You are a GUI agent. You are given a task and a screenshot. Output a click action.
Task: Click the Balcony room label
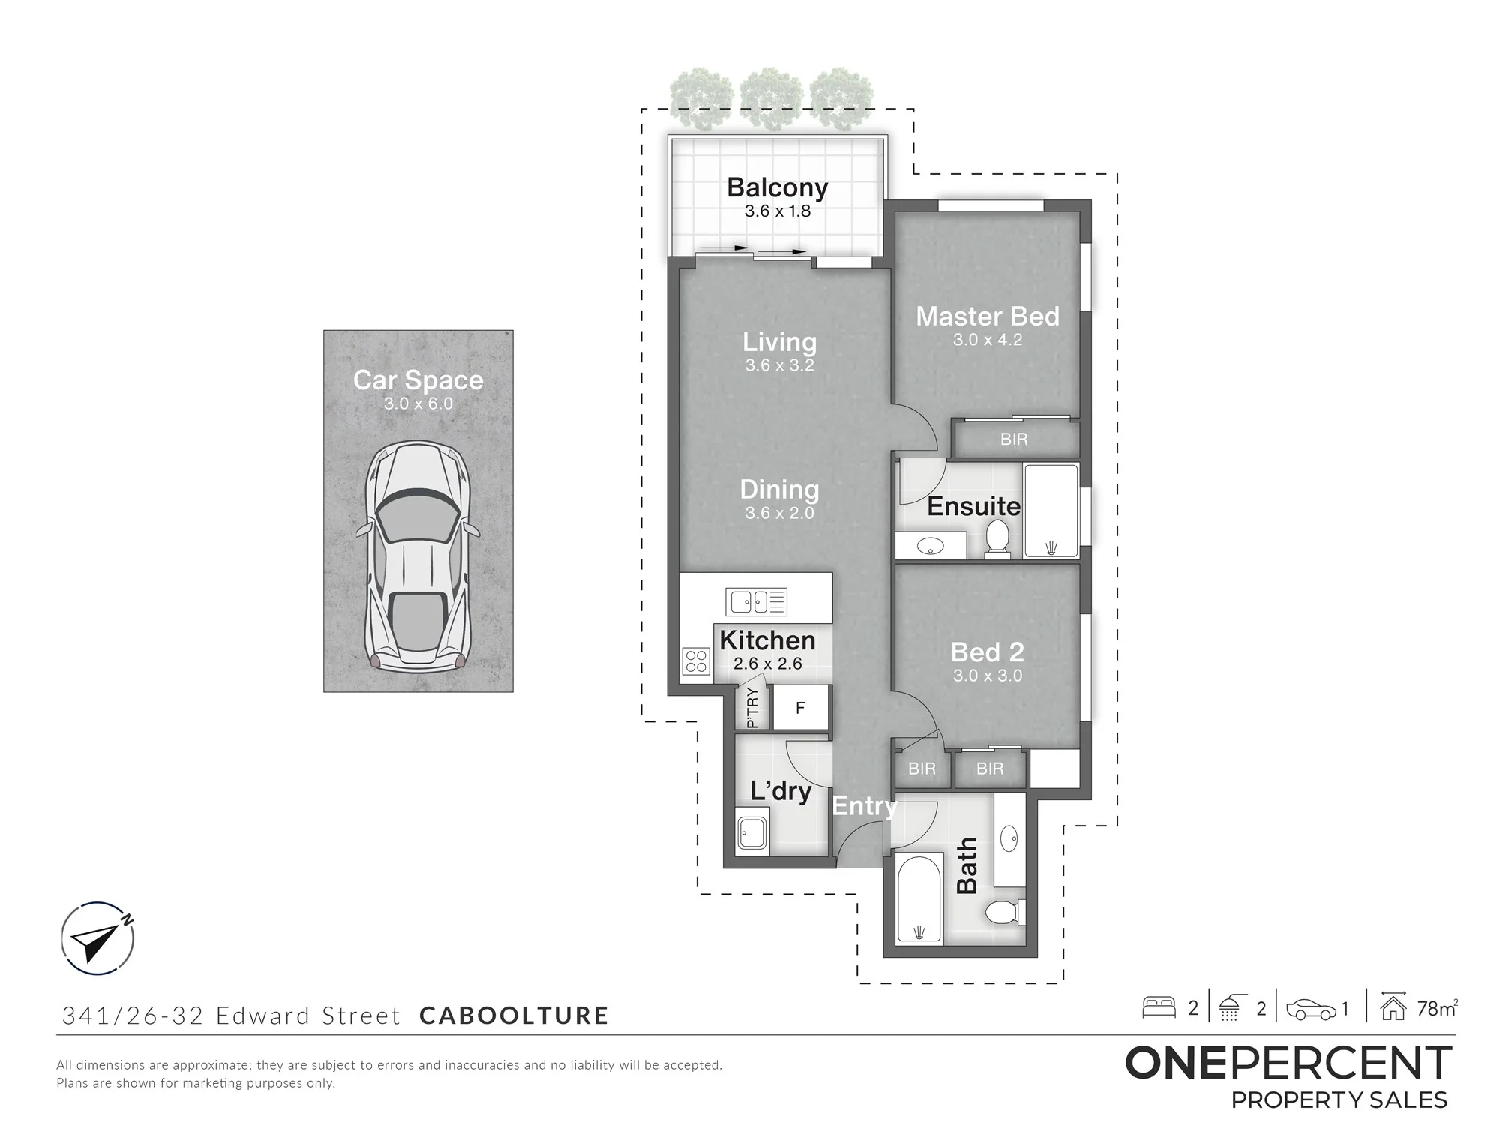(777, 187)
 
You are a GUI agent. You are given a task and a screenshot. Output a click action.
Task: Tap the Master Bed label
(988, 316)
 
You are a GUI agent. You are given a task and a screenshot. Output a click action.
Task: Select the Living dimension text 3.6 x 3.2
(779, 365)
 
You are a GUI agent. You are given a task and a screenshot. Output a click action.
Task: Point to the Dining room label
(779, 490)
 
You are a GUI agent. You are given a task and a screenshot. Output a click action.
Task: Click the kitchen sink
(756, 601)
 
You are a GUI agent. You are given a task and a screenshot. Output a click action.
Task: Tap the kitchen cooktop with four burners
(696, 661)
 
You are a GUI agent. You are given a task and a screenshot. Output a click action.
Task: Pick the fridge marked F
(800, 707)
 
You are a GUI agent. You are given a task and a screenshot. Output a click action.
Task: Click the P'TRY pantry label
(753, 708)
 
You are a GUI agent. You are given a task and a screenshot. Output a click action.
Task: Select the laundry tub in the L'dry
(752, 832)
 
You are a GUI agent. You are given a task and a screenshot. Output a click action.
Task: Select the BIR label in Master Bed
(1014, 439)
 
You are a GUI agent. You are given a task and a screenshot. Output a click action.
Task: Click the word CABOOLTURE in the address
(514, 1015)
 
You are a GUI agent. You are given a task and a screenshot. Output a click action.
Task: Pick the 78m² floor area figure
(1437, 1009)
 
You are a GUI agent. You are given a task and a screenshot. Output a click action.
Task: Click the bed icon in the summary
(1159, 1007)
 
